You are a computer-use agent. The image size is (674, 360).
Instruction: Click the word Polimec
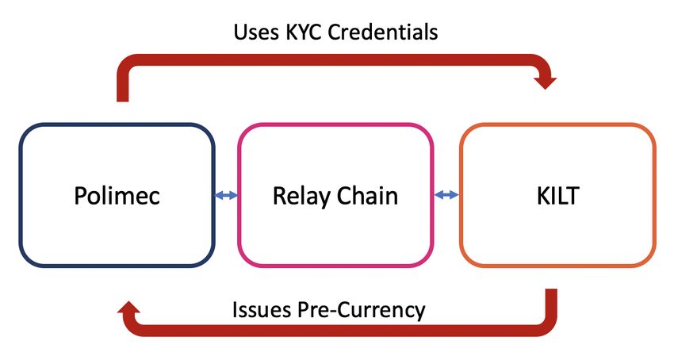117,196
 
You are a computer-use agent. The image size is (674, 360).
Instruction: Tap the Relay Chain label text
335,196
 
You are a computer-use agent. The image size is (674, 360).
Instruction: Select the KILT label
557,196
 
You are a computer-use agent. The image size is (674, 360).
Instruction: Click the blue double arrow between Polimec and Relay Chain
226,194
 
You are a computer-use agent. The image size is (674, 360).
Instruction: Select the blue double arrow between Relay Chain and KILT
447,194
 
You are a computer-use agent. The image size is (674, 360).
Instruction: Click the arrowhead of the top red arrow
546,80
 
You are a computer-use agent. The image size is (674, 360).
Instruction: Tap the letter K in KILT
542,196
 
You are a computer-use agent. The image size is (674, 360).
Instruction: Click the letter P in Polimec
80,196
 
